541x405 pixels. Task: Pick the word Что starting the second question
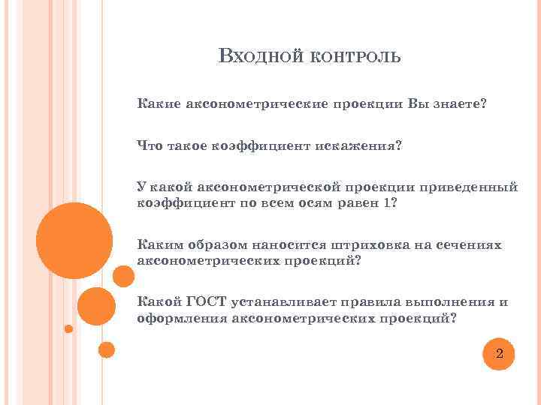coord(148,145)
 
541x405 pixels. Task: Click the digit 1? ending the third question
coord(388,202)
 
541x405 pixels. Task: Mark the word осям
coord(310,202)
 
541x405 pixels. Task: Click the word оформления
coord(181,318)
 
